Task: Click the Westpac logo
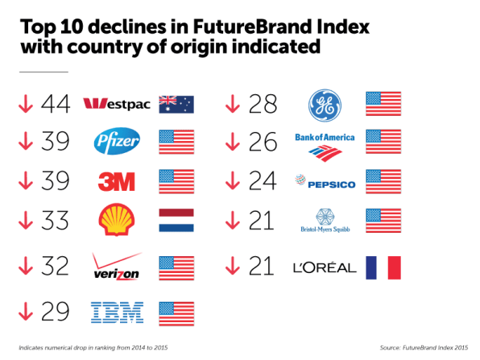tap(117, 104)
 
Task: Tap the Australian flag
tap(176, 105)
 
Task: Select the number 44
tap(56, 104)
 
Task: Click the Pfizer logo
tap(117, 141)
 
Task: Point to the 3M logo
tap(116, 181)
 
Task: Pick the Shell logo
tap(117, 220)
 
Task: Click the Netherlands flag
tap(176, 221)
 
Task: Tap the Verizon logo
tap(117, 267)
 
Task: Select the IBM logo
tap(118, 312)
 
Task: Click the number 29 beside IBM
tap(55, 312)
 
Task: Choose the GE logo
tap(325, 106)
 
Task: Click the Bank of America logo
tap(325, 147)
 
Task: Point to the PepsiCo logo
tap(325, 181)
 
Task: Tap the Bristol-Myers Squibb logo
tap(325, 221)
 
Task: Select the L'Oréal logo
tap(325, 268)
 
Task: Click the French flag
tap(383, 268)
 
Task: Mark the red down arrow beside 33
tap(26, 220)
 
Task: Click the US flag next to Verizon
tap(176, 268)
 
